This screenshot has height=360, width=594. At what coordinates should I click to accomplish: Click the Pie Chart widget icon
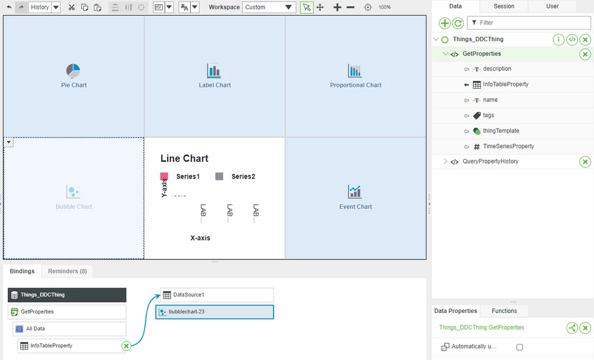click(73, 71)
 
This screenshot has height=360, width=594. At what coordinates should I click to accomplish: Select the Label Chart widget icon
click(214, 71)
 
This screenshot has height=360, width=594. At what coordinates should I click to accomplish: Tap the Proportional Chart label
click(356, 85)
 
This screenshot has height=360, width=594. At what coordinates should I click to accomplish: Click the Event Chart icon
click(355, 192)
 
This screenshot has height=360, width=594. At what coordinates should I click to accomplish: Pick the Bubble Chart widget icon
click(73, 192)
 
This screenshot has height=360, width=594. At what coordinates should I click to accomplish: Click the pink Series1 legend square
click(164, 177)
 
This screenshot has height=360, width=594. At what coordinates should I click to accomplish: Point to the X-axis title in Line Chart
click(200, 238)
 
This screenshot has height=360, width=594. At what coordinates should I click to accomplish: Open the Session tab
click(504, 6)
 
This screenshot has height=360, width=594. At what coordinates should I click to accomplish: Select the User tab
click(552, 6)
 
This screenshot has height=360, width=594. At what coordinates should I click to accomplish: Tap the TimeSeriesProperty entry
click(508, 146)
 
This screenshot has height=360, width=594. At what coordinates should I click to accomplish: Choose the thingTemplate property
click(501, 131)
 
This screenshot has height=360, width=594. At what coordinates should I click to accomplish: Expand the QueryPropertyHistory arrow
click(445, 162)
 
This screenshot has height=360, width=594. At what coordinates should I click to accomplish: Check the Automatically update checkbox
click(520, 347)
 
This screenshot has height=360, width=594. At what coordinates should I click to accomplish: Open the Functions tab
click(504, 311)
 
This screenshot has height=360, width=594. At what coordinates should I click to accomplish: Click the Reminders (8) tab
click(67, 271)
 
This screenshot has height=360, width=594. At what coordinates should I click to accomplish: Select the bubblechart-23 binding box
click(215, 312)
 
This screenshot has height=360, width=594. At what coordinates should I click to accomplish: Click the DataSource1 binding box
click(217, 295)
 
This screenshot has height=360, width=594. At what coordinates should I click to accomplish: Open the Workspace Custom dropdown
click(269, 7)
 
